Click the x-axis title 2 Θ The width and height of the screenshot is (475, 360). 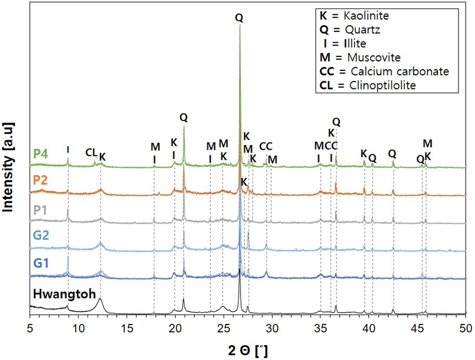pyautogui.click(x=248, y=350)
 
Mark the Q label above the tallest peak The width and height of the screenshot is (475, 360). pyautogui.click(x=239, y=18)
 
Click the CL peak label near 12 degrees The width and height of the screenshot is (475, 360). pyautogui.click(x=91, y=152)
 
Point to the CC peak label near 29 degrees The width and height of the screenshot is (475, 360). pyautogui.click(x=266, y=146)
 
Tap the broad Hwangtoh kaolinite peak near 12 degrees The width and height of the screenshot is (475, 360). pyautogui.click(x=100, y=300)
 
